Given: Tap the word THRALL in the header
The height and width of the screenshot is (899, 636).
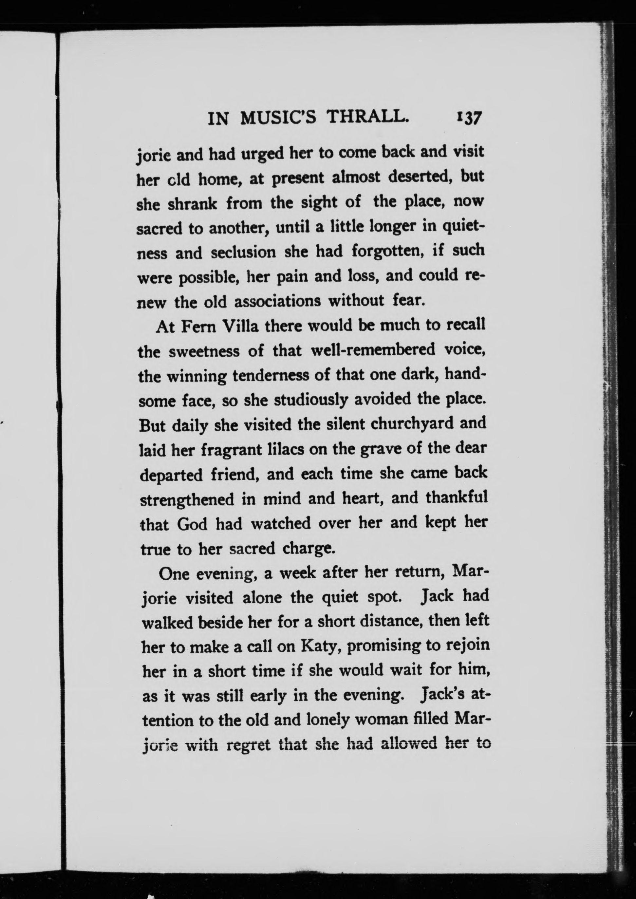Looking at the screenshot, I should point(368,117).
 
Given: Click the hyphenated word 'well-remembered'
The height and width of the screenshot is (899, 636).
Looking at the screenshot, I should point(372,350).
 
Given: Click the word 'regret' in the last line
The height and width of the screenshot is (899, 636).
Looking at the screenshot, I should point(249,745).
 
